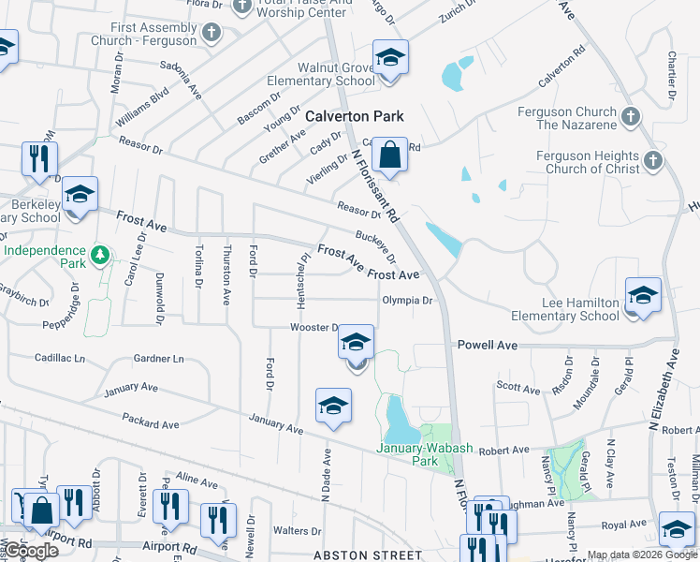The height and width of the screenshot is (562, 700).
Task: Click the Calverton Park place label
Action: [356, 116]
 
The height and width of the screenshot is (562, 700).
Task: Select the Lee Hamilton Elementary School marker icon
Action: [643, 295]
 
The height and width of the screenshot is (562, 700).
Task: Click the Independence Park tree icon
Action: [100, 254]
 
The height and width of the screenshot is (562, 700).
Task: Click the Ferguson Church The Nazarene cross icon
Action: [631, 117]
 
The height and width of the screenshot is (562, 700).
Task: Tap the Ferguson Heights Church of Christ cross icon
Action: [653, 161]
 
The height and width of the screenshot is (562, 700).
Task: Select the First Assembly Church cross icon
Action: [211, 33]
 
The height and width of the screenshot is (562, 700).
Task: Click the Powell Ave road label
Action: [488, 346]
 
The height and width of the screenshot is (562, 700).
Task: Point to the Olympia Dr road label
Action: [407, 301]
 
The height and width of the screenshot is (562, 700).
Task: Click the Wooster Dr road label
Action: [314, 328]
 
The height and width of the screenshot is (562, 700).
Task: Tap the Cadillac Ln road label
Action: [59, 358]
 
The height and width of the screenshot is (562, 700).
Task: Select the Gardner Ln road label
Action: [159, 358]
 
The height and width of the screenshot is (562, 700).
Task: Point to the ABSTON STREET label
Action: [367, 555]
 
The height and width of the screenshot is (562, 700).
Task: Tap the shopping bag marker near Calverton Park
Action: [391, 154]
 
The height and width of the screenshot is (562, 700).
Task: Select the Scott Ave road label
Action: [518, 388]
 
